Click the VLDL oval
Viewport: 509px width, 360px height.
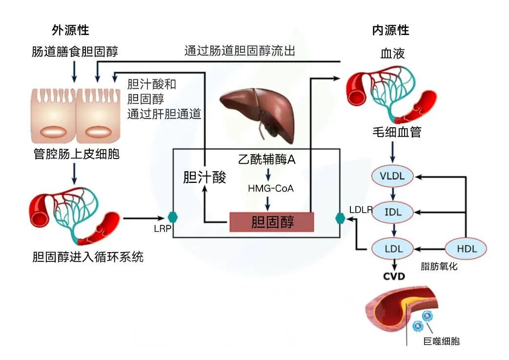point(392,176)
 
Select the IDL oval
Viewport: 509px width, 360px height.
point(392,212)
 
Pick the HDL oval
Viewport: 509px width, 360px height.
point(467,249)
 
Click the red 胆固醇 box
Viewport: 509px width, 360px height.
point(272,222)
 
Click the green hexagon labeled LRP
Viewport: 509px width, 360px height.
point(172,218)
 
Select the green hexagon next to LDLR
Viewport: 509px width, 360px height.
point(340,218)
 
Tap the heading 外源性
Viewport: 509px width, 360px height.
point(70,30)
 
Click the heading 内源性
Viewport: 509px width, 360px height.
point(390,30)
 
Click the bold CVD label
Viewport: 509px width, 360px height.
point(393,277)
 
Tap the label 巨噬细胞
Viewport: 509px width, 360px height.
point(441,341)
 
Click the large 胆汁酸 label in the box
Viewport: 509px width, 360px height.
point(204,177)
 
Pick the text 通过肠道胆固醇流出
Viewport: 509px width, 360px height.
point(239,51)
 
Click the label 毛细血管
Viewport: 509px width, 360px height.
point(395,132)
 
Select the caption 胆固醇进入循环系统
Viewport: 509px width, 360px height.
point(88,257)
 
